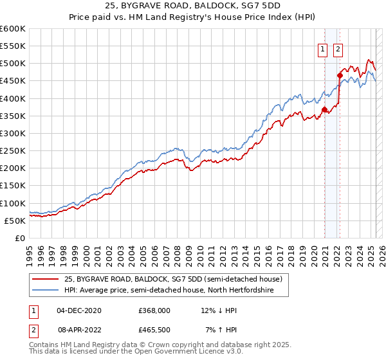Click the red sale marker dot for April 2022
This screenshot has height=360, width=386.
[340, 75]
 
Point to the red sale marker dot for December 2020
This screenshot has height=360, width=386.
[324, 109]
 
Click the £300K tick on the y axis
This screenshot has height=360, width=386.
[13, 133]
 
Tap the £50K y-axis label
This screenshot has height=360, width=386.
[15, 221]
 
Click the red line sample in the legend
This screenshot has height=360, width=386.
[45, 279]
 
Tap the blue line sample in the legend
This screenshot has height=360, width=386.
[45, 291]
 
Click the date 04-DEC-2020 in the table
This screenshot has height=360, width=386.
[79, 310]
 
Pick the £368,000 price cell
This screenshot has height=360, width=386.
[154, 310]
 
